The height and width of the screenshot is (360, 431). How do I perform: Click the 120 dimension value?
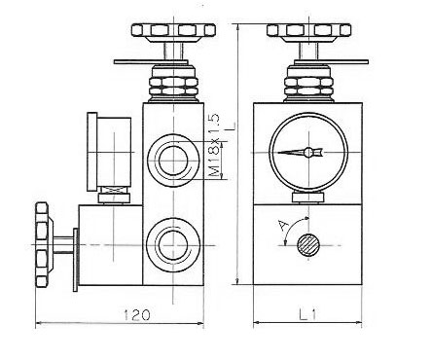pyautogui.click(x=137, y=314)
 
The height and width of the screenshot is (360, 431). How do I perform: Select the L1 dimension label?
pyautogui.click(x=308, y=314)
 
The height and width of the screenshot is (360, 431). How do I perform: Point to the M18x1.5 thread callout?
pyautogui.click(x=214, y=145)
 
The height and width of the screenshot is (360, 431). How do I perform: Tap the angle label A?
pyautogui.click(x=283, y=225)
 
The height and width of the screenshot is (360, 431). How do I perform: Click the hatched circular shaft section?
pyautogui.click(x=309, y=245)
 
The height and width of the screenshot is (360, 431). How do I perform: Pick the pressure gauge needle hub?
pyautogui.click(x=308, y=152)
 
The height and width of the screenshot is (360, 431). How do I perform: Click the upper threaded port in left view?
pyautogui.click(x=173, y=160)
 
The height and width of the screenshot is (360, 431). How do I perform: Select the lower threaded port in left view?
pyautogui.click(x=172, y=244)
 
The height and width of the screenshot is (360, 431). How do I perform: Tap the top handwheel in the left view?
pyautogui.click(x=173, y=32)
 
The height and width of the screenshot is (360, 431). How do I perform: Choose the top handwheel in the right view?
pyautogui.click(x=308, y=32)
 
